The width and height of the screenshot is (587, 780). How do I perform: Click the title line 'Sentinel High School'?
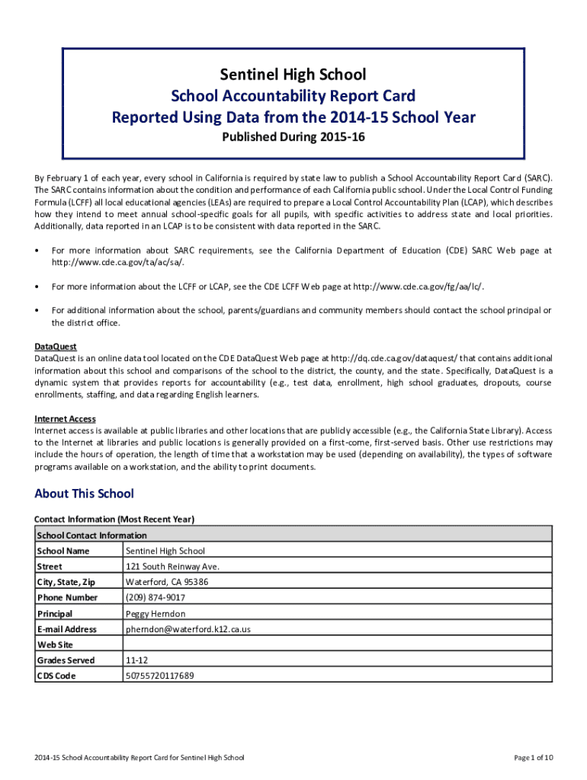point(293,75)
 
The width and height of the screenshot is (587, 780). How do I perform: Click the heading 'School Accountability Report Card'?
point(293,96)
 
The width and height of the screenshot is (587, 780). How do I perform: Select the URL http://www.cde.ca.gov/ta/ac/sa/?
point(117,262)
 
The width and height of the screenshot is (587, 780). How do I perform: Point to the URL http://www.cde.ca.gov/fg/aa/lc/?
point(418,286)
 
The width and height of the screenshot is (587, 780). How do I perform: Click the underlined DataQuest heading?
point(56,347)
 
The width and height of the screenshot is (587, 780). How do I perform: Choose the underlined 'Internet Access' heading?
point(65,419)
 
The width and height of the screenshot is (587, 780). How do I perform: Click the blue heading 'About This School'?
point(84,494)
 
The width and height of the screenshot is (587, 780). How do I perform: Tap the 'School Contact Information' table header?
point(91,535)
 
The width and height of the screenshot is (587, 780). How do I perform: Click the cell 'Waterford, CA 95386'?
point(166,582)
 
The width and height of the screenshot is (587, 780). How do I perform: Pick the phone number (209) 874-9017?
point(155,598)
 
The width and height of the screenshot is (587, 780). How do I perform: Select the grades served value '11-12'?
point(136,660)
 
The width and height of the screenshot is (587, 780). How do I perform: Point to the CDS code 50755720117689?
point(159,676)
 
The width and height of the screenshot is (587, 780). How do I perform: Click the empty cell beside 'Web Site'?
point(335,644)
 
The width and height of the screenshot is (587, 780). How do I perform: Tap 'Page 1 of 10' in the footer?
point(533,758)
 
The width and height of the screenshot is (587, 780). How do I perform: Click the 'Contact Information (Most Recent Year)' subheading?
point(114,519)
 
